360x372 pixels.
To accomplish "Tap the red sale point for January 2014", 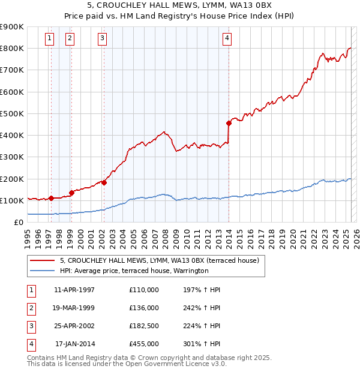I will click(x=229, y=123).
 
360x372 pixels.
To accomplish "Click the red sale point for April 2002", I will click(x=104, y=182).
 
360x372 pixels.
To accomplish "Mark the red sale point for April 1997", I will click(x=51, y=198).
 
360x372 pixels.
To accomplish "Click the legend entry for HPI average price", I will click(x=134, y=271).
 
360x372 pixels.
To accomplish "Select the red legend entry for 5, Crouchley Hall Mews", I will click(x=159, y=260).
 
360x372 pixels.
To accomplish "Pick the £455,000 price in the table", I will click(x=144, y=344).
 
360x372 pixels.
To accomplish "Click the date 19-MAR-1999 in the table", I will click(x=74, y=308).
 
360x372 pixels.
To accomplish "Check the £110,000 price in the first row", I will click(x=144, y=290).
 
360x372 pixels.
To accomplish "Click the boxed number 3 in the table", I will click(x=30, y=326).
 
